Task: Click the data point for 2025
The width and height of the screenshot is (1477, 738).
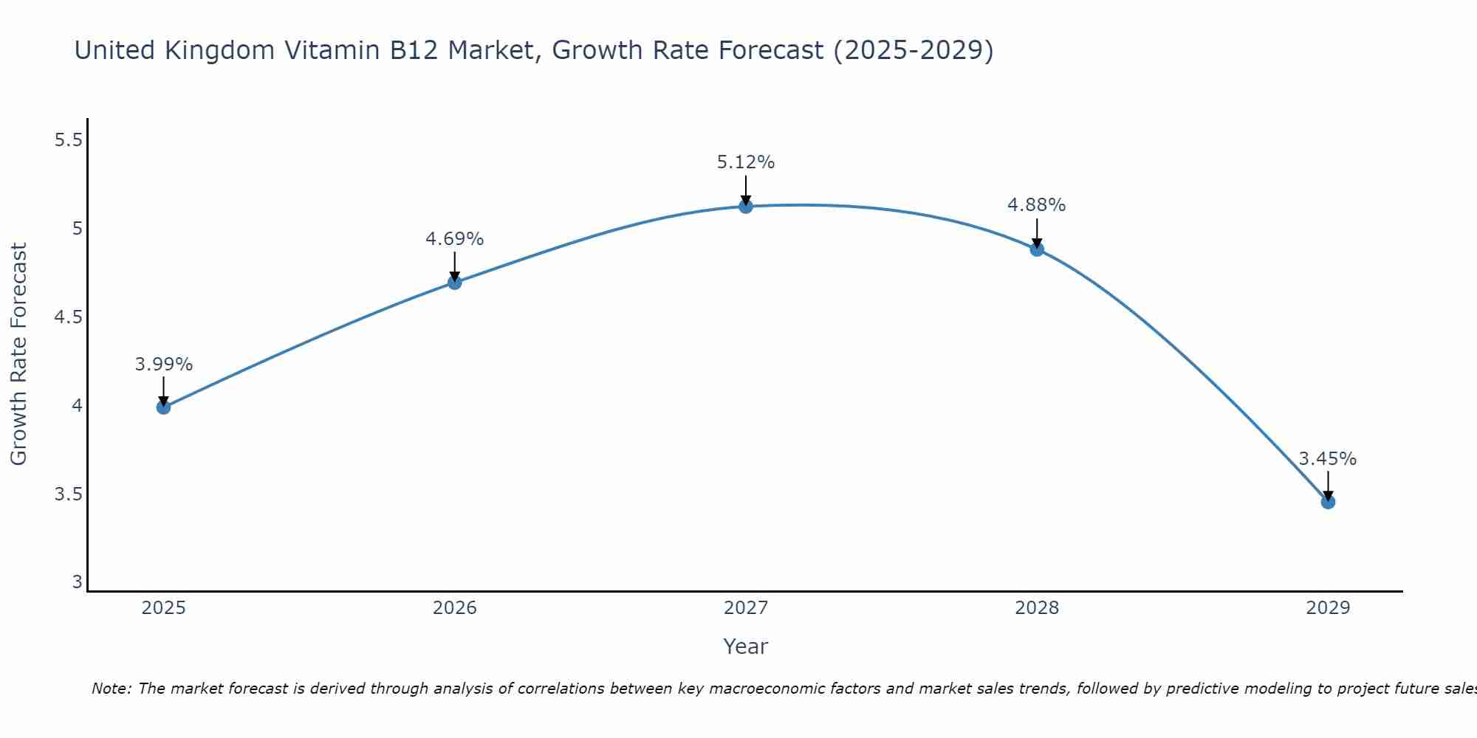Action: click(163, 407)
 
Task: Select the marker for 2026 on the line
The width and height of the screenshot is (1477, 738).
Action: click(454, 283)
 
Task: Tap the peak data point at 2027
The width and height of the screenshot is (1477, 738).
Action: click(745, 207)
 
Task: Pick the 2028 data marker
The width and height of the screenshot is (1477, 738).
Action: click(1037, 249)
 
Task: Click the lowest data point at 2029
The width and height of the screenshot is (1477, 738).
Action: click(1328, 503)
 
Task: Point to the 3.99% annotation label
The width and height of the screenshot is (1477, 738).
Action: click(163, 365)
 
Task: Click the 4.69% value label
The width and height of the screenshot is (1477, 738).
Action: click(454, 239)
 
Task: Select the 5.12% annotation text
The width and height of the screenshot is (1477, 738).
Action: click(745, 162)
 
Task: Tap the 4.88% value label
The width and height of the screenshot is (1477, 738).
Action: click(1037, 205)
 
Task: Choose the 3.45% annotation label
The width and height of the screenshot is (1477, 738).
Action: click(1328, 459)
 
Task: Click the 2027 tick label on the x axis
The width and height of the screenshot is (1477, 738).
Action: click(745, 608)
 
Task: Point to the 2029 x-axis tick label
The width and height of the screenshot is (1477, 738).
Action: click(1328, 608)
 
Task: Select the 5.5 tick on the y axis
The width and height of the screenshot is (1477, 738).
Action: click(68, 140)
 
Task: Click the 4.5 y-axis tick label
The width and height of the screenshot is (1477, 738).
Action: click(68, 317)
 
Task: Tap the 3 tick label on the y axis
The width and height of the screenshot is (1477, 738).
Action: click(77, 582)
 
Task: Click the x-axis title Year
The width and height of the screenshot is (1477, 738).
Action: click(745, 646)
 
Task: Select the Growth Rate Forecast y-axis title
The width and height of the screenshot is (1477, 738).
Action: click(18, 354)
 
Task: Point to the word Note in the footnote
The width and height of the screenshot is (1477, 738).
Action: click(111, 689)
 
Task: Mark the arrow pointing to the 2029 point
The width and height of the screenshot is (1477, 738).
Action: click(1328, 485)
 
